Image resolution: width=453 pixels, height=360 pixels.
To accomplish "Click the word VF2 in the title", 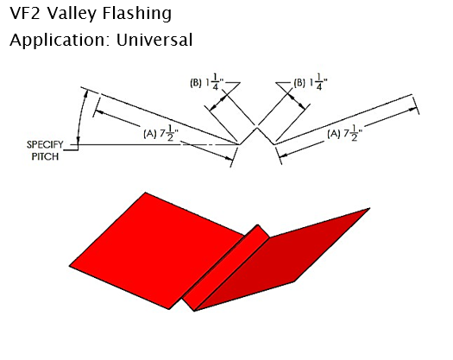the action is click(x=24, y=13).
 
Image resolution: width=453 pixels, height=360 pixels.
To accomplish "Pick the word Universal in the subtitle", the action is click(x=154, y=40).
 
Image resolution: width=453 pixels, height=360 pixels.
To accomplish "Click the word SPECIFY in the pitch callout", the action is click(x=45, y=144).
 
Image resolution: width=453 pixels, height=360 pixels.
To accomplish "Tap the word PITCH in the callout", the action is click(x=45, y=157).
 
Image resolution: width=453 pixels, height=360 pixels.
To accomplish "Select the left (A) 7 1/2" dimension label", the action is click(x=160, y=133).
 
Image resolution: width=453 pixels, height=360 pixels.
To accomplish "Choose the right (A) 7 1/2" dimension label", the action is click(x=344, y=134).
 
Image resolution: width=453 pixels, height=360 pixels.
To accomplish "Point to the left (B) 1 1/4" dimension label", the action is click(x=207, y=82).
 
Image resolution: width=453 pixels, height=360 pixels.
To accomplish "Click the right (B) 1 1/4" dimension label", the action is click(x=311, y=82).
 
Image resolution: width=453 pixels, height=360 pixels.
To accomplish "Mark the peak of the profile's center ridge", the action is click(x=257, y=127).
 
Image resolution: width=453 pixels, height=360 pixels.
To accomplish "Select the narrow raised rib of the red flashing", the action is click(x=225, y=268).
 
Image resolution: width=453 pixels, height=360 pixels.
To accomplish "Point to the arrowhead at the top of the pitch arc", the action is click(x=86, y=93).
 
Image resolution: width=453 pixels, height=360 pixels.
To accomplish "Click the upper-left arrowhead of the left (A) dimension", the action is click(x=98, y=111).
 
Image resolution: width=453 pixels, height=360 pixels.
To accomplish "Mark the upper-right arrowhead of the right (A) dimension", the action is click(x=413, y=109).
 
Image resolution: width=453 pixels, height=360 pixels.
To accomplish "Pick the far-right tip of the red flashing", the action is click(x=370, y=208).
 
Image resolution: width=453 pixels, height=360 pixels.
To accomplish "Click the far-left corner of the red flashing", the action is click(x=69, y=266).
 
